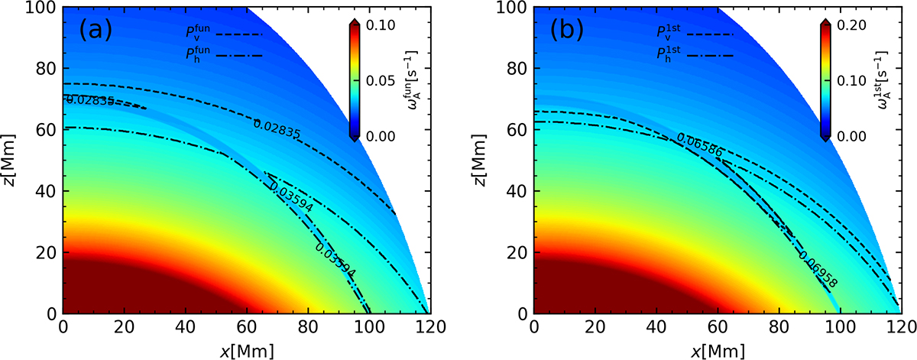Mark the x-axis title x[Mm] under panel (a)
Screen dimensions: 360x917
[x=245, y=349]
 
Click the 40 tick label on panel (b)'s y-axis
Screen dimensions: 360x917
[x=519, y=191]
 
